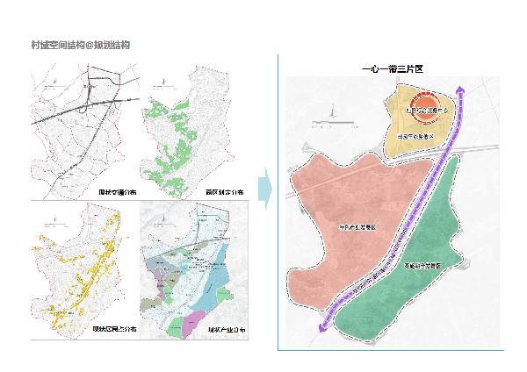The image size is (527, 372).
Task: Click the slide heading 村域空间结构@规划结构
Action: tap(80, 44)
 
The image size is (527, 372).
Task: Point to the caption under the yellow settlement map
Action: tap(113, 330)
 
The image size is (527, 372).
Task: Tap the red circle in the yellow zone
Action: tap(428, 109)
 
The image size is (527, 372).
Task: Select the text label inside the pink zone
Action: tap(362, 226)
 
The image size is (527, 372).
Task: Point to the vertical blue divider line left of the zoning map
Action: tap(278, 202)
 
